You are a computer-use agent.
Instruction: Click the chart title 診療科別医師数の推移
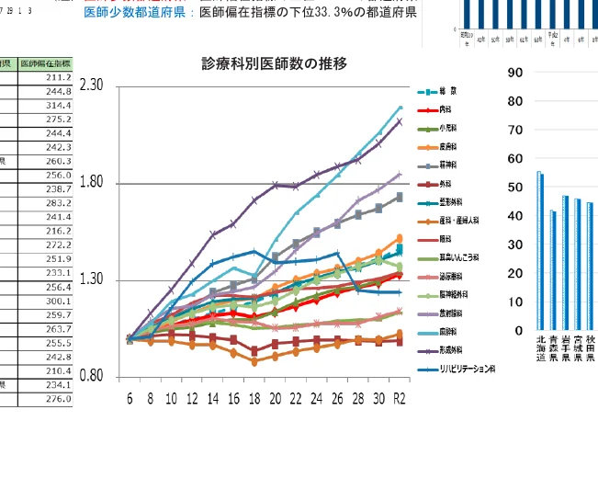(275, 63)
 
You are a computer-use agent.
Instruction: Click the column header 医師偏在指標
(45, 63)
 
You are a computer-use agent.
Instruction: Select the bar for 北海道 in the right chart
(540, 250)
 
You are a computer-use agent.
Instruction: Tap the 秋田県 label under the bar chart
(590, 351)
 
